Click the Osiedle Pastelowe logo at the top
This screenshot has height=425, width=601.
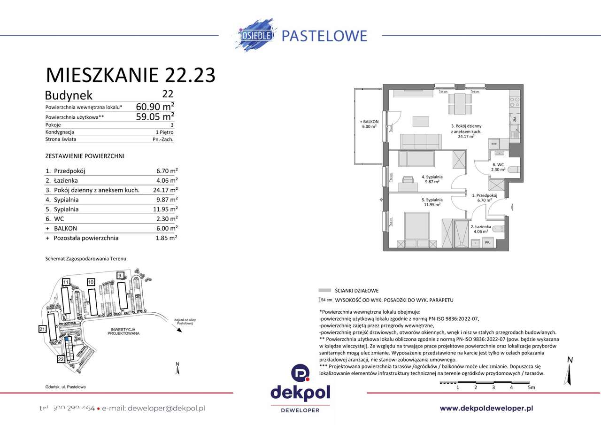(x=300, y=35)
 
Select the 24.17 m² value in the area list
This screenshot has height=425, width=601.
(x=161, y=190)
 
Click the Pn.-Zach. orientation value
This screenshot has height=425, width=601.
(x=163, y=139)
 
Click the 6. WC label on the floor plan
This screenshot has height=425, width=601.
(x=498, y=167)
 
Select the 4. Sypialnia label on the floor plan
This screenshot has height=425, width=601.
(x=432, y=179)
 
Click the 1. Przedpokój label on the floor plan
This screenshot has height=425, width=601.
(x=481, y=197)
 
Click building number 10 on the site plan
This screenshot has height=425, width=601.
(x=91, y=282)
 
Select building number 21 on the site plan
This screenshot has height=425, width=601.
(x=42, y=330)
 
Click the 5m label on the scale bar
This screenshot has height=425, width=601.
(x=531, y=387)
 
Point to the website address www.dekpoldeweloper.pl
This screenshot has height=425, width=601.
(x=486, y=409)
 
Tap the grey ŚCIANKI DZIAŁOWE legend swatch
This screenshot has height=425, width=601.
(x=324, y=291)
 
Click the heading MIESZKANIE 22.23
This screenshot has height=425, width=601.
(x=131, y=75)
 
